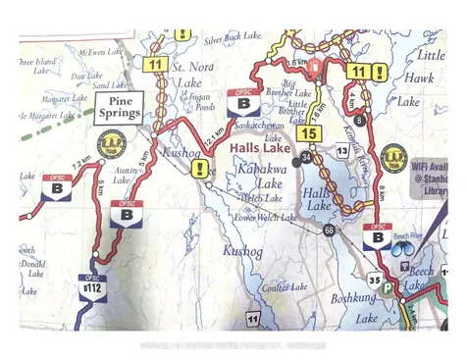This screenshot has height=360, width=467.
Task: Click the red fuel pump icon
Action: (x=316, y=69)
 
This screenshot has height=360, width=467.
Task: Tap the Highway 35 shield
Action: (x=374, y=280)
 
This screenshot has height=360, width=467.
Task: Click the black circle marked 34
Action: (x=306, y=158)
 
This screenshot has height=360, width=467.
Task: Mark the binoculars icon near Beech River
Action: (x=401, y=249)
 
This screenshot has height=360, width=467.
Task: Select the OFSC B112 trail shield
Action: (x=91, y=286)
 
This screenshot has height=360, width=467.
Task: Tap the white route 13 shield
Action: (x=341, y=151)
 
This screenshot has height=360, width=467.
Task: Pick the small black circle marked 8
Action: (x=360, y=120)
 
